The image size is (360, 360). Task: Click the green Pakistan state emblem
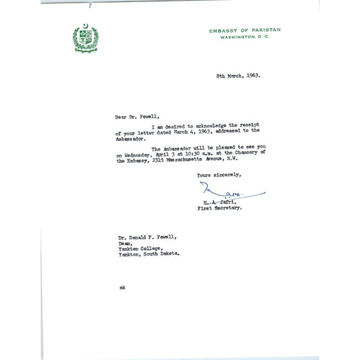(x=85, y=38)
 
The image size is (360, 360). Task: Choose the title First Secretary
(x=220, y=209)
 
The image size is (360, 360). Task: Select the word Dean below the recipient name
(x=123, y=242)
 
